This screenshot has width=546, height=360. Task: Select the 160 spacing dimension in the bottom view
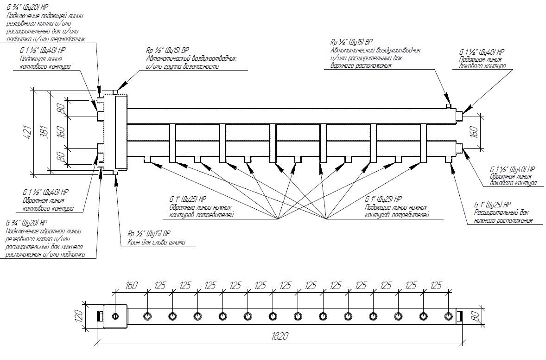tap(131, 286)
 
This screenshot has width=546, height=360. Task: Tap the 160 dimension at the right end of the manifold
tap(473, 132)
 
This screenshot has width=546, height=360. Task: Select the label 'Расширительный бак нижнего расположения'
tap(502, 217)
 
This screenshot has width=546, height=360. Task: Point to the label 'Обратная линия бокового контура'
tap(513, 180)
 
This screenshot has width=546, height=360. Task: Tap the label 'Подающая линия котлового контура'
tap(44, 63)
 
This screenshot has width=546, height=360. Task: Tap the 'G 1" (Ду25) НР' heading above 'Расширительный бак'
tap(492, 205)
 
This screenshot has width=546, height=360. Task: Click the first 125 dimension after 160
tap(160, 286)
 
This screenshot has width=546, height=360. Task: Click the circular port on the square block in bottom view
tap(114, 317)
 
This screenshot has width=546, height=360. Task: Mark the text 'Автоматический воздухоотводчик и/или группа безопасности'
tap(191, 63)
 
